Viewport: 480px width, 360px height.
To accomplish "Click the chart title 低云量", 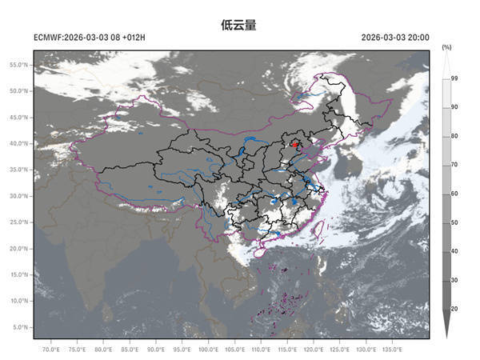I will pos(238,25).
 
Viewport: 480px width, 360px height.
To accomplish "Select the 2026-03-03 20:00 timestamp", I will pos(394,38).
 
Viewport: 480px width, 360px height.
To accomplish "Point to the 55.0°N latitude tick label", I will pos(20,64).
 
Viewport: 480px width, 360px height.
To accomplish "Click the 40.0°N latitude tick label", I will pos(20,143).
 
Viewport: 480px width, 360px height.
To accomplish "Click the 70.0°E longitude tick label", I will pos(50,350).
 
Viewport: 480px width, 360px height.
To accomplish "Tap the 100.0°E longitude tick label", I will pos(208,350).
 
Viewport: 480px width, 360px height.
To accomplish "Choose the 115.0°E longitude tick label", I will pos(287,350).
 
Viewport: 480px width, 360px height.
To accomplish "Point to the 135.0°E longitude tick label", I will pos(392,350).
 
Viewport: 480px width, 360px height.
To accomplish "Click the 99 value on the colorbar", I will pos(454,78).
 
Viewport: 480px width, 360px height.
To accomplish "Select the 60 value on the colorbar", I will pos(454,194).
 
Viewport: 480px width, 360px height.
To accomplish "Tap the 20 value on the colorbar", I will pos(454,309).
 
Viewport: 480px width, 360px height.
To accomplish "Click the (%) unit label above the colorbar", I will pos(446,48).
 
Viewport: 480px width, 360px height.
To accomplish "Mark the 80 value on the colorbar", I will pos(454,136).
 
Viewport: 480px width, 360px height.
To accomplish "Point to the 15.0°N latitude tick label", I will pos(20,274).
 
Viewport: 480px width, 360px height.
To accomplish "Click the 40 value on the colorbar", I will pos(454,251).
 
